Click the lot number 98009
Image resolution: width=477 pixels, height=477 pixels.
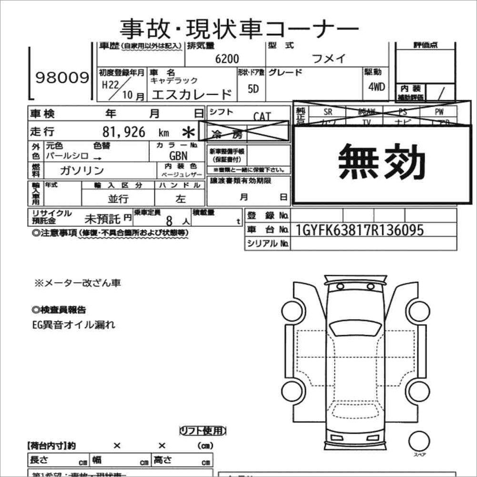point(62,78)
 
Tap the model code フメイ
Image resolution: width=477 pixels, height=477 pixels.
point(328,59)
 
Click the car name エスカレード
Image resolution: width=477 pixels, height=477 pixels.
point(191,94)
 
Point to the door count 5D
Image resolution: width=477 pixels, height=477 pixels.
point(253,89)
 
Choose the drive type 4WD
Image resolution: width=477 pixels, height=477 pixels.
point(376,88)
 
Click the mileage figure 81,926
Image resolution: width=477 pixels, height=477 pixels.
point(124,132)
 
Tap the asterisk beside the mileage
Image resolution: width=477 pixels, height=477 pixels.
point(189,132)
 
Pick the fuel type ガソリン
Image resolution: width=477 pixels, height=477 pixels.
point(82,170)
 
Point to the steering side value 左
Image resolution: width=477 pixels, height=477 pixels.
point(180,199)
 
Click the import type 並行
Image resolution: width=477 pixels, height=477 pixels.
point(118,199)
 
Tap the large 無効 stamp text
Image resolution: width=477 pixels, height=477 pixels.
point(382,163)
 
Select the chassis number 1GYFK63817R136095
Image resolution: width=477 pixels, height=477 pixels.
point(359,230)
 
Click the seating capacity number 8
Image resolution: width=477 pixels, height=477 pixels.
point(169,221)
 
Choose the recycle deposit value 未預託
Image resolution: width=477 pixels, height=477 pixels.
point(102,219)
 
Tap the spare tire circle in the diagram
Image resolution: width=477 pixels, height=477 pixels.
point(419,440)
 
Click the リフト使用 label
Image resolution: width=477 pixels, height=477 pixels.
point(202,431)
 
